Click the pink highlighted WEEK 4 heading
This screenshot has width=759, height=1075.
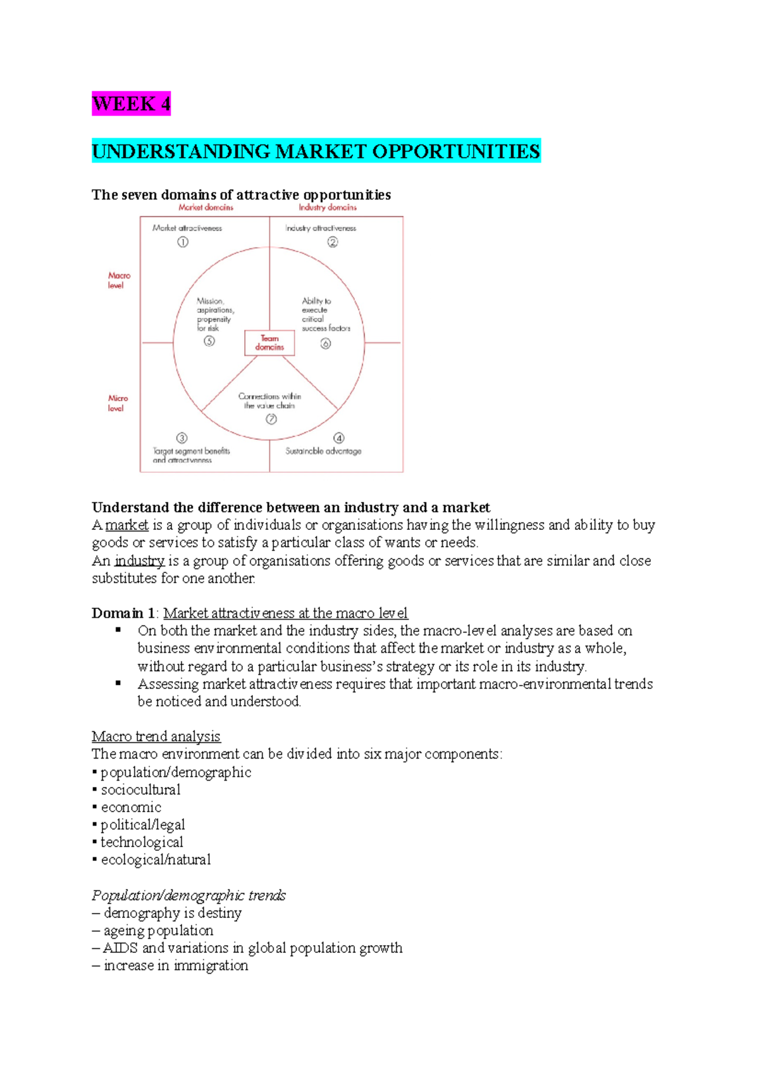(x=131, y=104)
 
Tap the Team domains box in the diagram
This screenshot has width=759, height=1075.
(x=269, y=343)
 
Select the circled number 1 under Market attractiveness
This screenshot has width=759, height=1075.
(x=183, y=242)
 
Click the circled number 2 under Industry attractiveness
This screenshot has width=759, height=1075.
(x=333, y=242)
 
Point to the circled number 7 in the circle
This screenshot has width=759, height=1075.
(x=271, y=419)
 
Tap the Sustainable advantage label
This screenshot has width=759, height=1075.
(x=323, y=451)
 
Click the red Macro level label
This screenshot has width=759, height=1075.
(x=118, y=280)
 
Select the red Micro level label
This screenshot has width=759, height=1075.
(x=118, y=403)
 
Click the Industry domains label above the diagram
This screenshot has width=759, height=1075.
(x=328, y=207)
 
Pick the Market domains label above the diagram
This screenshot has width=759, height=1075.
(x=206, y=207)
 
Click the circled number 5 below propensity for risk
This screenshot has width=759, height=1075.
(x=209, y=341)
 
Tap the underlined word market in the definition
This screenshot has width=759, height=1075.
(x=126, y=525)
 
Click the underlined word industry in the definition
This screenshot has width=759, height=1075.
(x=139, y=561)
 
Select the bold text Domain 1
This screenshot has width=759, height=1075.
(x=123, y=613)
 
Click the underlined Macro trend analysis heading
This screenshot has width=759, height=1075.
(x=156, y=736)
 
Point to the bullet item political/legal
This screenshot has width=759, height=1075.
(x=142, y=825)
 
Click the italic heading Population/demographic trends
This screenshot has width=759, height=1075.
(x=188, y=895)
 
